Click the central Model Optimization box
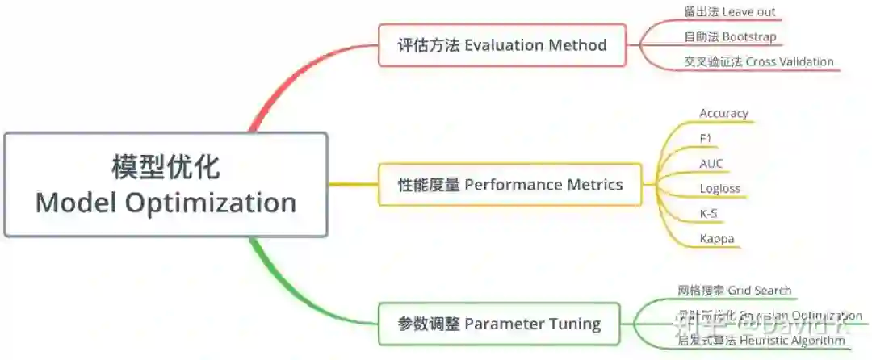click(x=166, y=185)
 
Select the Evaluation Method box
click(x=501, y=44)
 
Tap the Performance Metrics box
click(x=510, y=185)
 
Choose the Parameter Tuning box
click(x=499, y=324)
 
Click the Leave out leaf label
click(x=729, y=12)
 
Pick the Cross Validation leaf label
click(x=758, y=61)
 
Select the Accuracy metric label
click(x=723, y=113)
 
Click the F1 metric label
click(x=706, y=138)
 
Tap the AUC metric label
click(x=711, y=163)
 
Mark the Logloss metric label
click(x=719, y=189)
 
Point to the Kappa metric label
click(x=716, y=239)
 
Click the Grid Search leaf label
click(x=734, y=290)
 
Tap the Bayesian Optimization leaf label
click(x=769, y=316)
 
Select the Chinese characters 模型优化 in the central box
click(x=166, y=167)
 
